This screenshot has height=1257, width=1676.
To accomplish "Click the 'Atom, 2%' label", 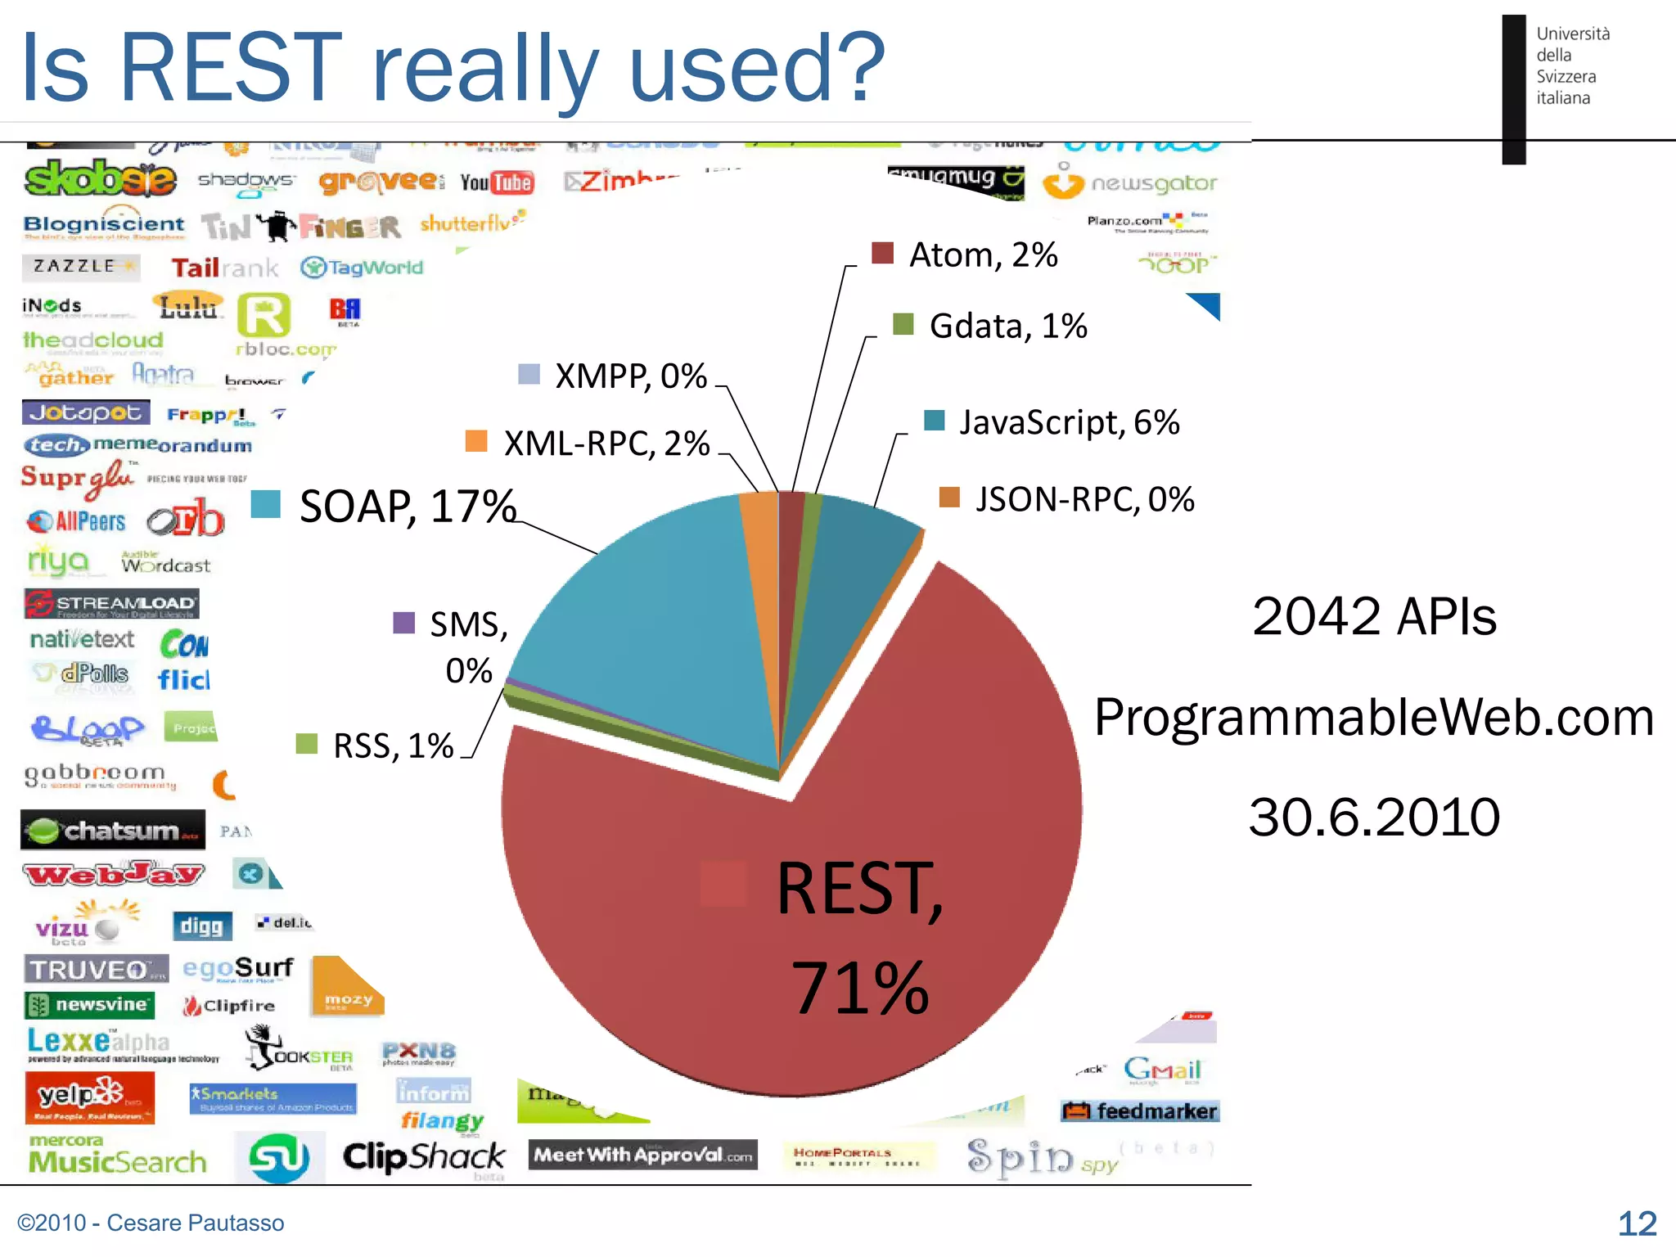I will pos(983,255).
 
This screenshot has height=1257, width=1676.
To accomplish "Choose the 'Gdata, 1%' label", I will pos(1007,327).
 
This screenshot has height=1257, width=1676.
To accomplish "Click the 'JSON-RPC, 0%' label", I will pos(1084,499).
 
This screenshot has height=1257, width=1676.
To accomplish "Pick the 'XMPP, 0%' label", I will pos(630,376).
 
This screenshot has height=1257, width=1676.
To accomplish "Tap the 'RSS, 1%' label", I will pos(393,746).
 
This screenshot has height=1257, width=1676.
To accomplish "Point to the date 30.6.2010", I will pos(1374,817).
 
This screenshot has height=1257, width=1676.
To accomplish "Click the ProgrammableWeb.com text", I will pos(1374,717).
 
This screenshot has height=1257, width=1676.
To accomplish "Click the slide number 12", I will pos(1637,1223).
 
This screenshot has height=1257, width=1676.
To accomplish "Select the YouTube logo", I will pos(497,182).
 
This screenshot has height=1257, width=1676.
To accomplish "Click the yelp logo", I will pos(88,1097).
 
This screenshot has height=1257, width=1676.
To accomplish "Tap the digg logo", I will pos(201,926).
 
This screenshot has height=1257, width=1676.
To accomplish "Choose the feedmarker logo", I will pos(1140,1111).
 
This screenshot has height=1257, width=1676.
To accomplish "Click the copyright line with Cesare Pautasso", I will pos(151,1223).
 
